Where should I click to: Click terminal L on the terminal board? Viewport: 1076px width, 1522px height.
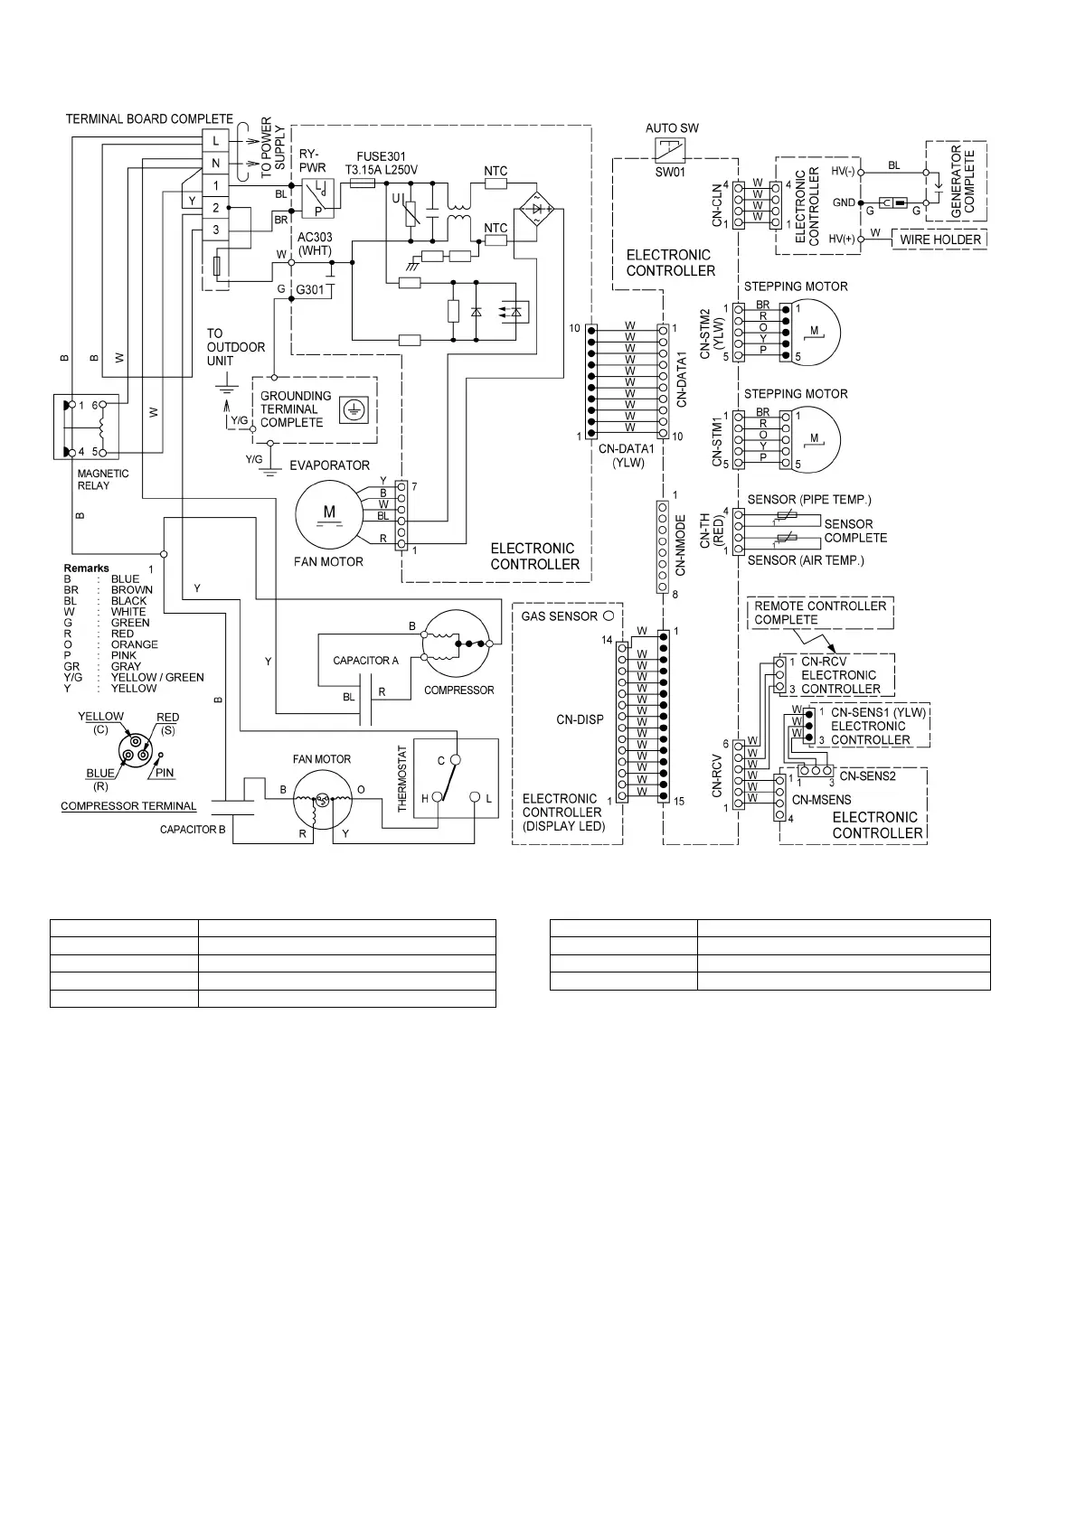coord(215,141)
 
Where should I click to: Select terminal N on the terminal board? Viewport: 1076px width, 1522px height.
coord(215,164)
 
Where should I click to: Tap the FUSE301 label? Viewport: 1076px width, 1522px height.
coord(374,156)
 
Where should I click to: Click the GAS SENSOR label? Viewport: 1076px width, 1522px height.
coord(559,616)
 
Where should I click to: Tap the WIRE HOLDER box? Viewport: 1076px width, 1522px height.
coord(940,240)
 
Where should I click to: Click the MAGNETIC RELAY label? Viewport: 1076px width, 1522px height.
coord(103,479)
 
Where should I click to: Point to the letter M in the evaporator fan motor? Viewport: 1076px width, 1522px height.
coord(329,512)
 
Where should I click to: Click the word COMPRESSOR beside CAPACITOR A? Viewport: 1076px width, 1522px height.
coord(459,690)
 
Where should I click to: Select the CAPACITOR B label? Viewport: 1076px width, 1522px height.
coord(193,829)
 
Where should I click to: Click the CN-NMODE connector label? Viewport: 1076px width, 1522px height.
coord(681,546)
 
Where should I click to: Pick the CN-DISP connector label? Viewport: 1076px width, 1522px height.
coord(580,720)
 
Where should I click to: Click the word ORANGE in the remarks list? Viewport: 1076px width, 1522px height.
coord(134,644)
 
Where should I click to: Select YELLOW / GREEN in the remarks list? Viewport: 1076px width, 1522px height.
coord(157,677)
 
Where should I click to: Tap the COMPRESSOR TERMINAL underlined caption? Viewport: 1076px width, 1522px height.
coord(128,805)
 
